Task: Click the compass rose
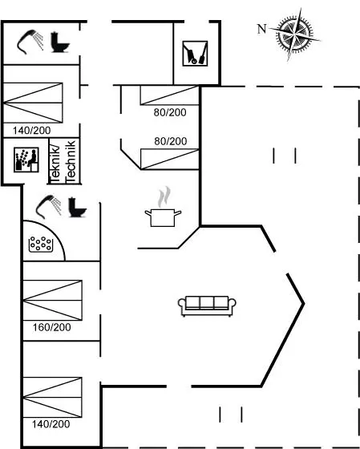[295, 34]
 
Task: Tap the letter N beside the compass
[261, 29]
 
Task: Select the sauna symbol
[26, 160]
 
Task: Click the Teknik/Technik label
[63, 161]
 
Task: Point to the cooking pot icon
[163, 217]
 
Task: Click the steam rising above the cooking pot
[164, 196]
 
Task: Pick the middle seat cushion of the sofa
[207, 303]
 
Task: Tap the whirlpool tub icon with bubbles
[41, 245]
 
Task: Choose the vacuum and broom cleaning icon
[195, 54]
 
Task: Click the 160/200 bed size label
[51, 327]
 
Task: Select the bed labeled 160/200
[52, 300]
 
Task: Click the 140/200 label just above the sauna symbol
[31, 131]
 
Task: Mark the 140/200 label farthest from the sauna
[51, 424]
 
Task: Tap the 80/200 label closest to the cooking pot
[171, 141]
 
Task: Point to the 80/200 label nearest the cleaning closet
[170, 112]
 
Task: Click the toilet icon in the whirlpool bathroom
[77, 208]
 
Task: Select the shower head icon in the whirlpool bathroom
[48, 206]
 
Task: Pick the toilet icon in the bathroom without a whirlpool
[60, 42]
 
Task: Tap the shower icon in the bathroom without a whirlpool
[30, 42]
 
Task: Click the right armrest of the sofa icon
[232, 304]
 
